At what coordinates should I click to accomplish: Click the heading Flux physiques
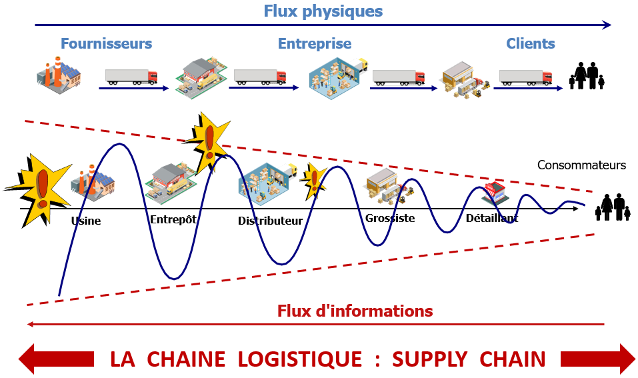tap(323, 11)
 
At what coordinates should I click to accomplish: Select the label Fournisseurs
tap(107, 44)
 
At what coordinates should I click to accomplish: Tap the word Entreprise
tap(315, 44)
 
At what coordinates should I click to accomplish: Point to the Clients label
tap(531, 44)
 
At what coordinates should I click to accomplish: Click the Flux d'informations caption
tap(355, 311)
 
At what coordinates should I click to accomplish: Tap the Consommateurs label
tap(581, 165)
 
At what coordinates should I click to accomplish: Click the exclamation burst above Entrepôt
tap(209, 139)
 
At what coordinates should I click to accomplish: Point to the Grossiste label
tap(390, 218)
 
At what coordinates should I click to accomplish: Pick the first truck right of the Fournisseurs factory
tap(131, 77)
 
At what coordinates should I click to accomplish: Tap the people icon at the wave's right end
tap(613, 207)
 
